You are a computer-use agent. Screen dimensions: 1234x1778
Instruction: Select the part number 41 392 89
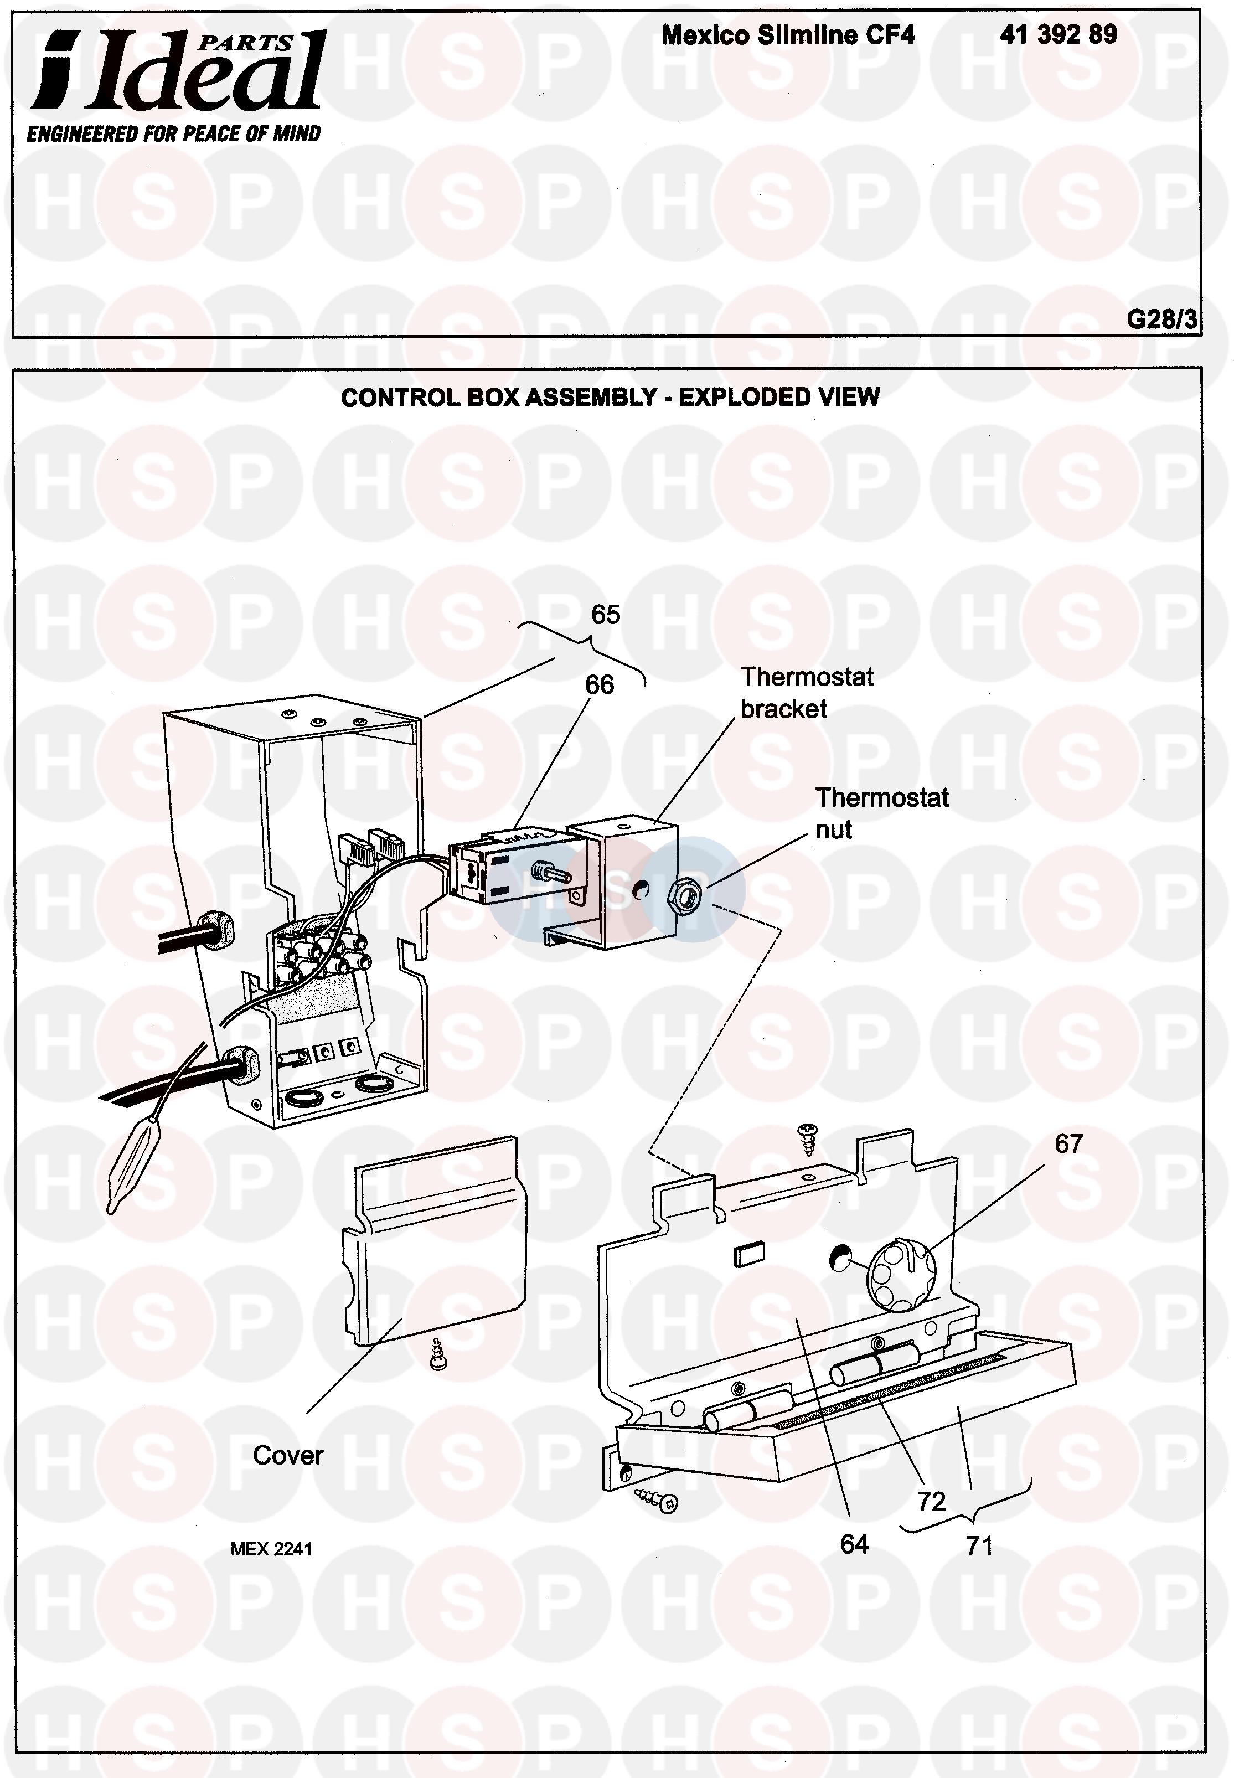coord(1058,35)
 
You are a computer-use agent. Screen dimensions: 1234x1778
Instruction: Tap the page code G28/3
coord(1161,318)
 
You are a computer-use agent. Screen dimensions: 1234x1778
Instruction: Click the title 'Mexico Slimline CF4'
coord(788,35)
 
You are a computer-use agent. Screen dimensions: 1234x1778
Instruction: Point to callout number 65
coord(606,615)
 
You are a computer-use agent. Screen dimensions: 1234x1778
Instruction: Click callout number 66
coord(599,684)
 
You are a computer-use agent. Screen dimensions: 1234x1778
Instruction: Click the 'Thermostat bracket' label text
coord(807,693)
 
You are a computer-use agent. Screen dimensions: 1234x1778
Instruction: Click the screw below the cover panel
coord(438,1353)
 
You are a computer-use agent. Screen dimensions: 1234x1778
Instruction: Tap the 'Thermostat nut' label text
coord(881,813)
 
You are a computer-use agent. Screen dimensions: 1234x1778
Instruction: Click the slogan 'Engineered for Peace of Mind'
coord(174,134)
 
